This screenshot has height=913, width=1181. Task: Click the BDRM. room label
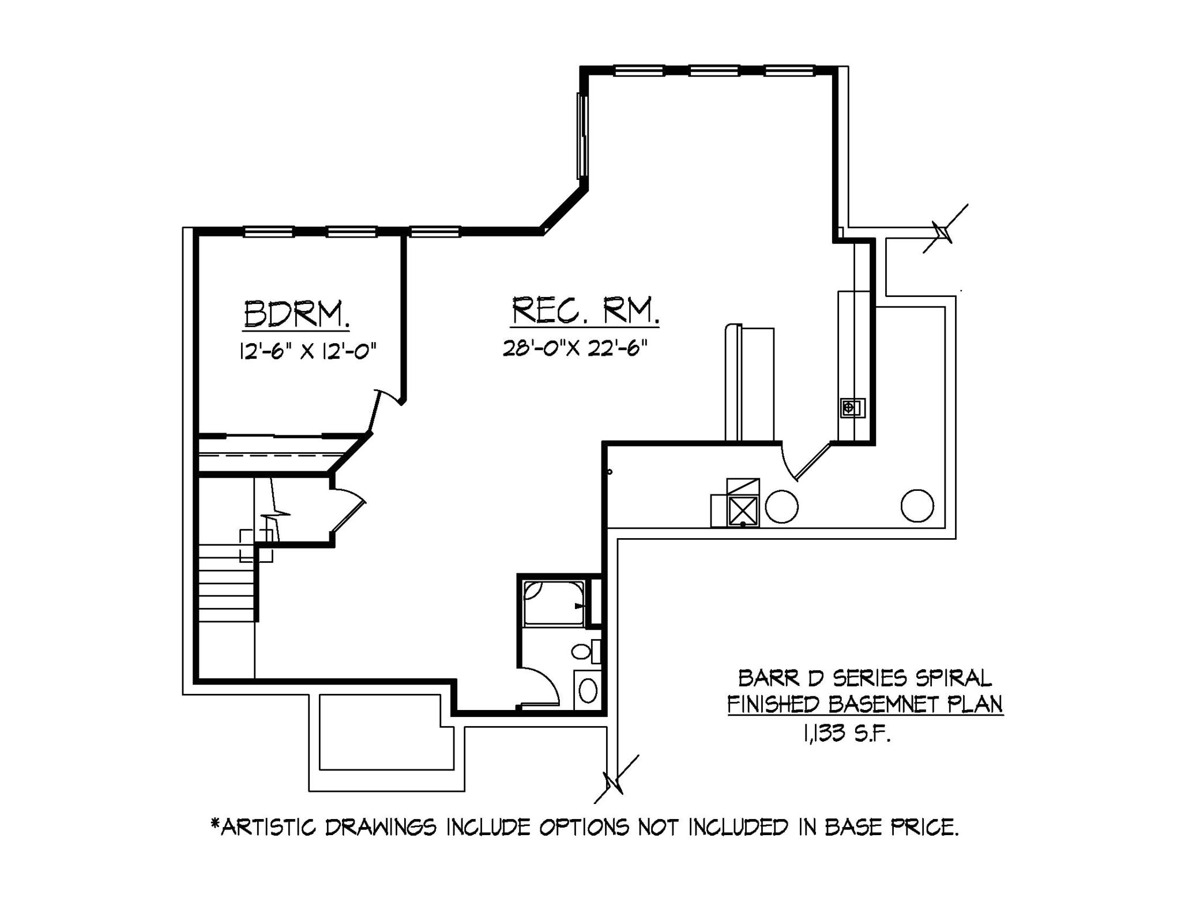(x=296, y=314)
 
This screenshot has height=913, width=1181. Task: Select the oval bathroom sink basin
(x=588, y=690)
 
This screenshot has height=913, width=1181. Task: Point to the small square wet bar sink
(x=849, y=408)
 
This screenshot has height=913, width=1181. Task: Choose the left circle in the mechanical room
(x=782, y=506)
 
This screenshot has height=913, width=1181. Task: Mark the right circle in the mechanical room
(x=917, y=505)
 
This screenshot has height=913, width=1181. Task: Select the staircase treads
(x=227, y=583)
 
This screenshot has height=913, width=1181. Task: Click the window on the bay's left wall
(x=582, y=136)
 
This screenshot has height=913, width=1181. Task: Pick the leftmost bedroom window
(x=269, y=232)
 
